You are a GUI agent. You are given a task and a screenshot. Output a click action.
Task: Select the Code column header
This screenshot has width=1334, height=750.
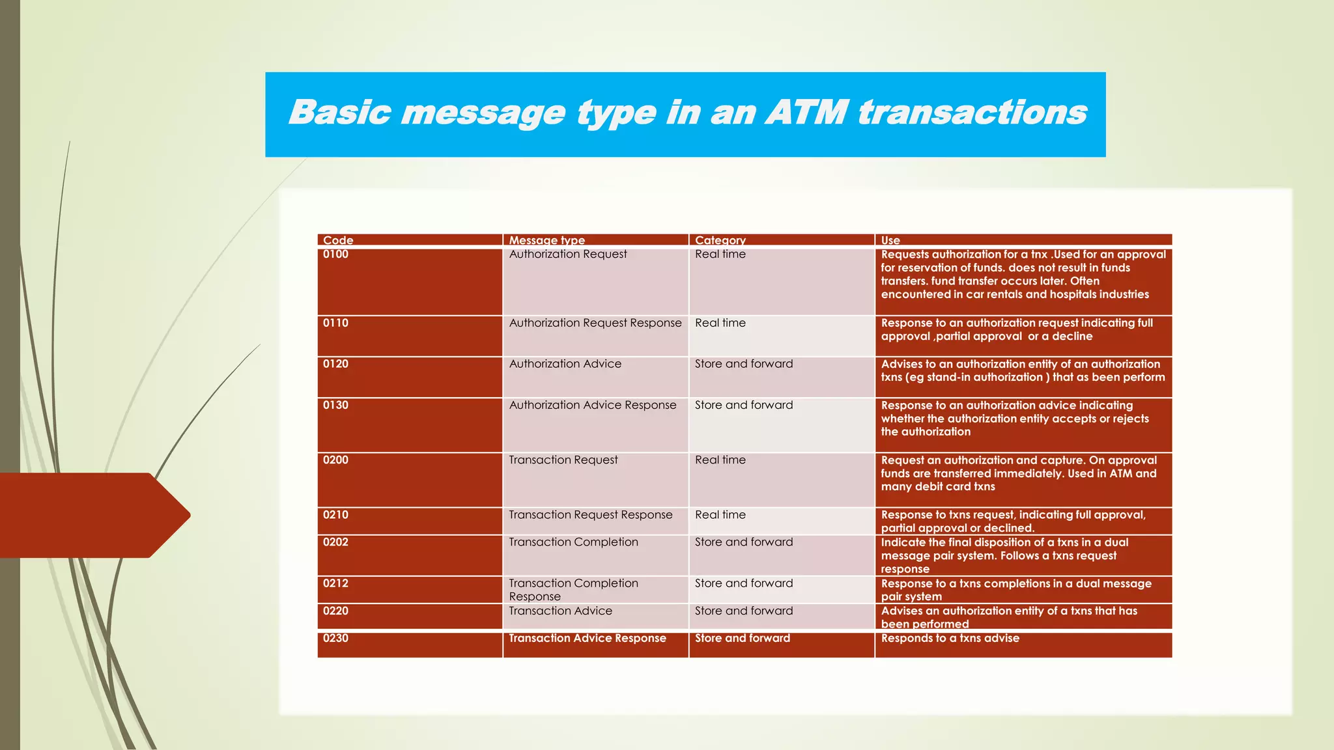338,240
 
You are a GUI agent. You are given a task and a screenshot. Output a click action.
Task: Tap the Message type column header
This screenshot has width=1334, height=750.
546,240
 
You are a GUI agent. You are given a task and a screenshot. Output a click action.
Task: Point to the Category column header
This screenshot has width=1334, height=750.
720,240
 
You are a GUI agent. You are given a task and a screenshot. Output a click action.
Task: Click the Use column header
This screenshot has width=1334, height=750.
890,240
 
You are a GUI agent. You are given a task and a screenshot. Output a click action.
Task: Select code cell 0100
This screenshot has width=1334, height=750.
336,255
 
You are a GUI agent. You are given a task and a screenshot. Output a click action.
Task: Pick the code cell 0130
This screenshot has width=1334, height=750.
336,405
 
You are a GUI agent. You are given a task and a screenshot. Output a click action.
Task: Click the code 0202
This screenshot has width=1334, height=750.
336,542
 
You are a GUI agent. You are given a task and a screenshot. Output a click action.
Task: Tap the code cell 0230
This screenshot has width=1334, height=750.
336,638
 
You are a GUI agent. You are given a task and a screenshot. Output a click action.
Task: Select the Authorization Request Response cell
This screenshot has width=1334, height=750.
595,323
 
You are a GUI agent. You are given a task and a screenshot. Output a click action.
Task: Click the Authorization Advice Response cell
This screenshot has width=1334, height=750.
592,405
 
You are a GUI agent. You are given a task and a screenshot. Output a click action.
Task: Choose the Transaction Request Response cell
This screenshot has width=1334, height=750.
590,515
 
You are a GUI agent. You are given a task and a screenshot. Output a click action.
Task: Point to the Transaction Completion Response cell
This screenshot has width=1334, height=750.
573,590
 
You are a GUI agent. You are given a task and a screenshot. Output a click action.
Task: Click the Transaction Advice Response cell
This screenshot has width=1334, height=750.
587,638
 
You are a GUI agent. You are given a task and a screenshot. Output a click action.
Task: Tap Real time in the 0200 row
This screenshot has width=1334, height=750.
720,460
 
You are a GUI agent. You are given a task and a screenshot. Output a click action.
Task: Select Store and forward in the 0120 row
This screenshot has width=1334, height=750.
743,364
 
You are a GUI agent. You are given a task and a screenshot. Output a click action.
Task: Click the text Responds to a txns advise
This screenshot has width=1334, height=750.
950,638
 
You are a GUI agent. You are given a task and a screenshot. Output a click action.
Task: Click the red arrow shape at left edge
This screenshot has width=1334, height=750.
91,515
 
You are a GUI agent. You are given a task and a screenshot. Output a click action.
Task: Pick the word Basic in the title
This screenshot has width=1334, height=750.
339,112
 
